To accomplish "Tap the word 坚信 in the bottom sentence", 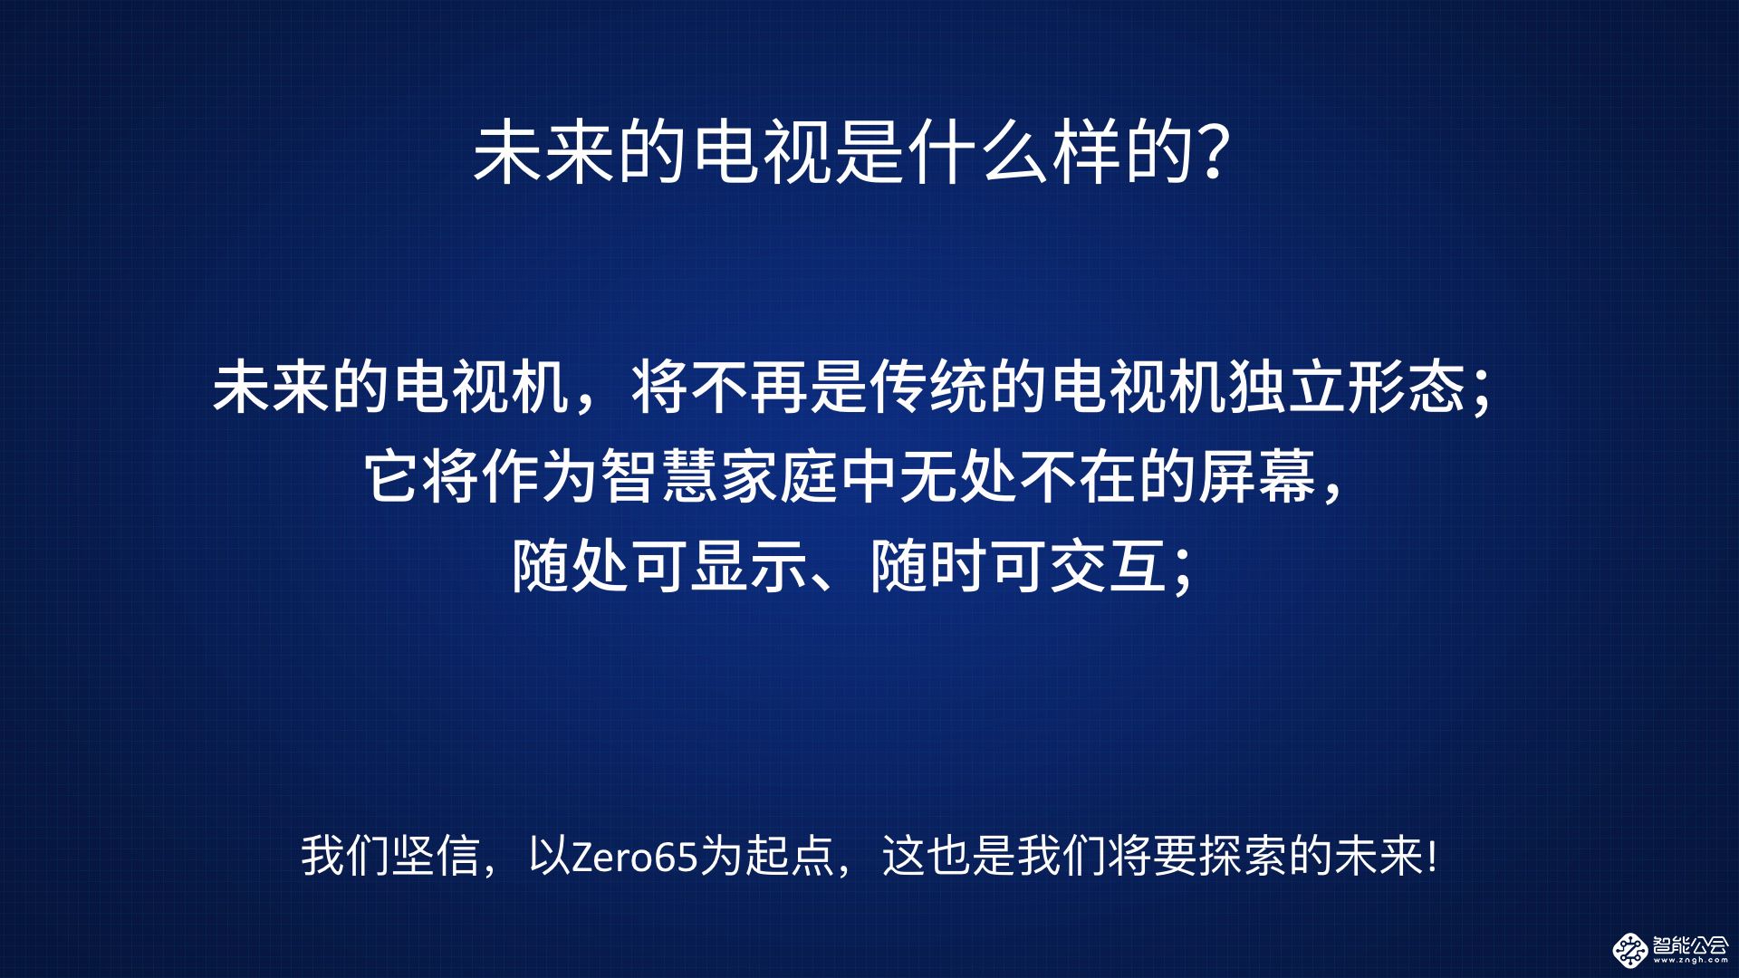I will [x=437, y=856].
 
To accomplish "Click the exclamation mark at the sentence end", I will [x=1431, y=856].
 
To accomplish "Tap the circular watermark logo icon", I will [x=1629, y=950].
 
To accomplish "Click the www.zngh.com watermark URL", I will [x=1690, y=961].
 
